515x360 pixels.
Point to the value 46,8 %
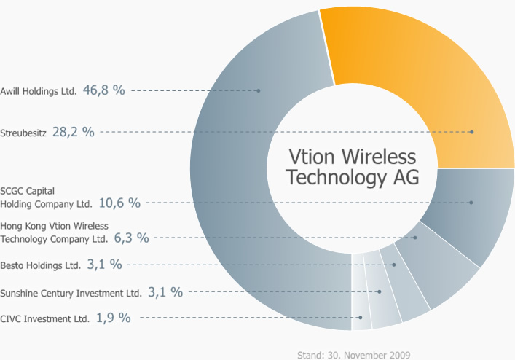point(104,90)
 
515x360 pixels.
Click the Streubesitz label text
point(23,133)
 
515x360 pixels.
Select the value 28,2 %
point(73,132)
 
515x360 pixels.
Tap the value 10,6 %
point(119,203)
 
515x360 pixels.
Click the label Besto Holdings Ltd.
point(41,266)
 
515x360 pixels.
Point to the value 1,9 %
point(113,318)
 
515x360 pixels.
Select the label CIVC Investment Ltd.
point(45,319)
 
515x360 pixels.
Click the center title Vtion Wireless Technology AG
point(352,167)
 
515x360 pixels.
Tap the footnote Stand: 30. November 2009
point(353,355)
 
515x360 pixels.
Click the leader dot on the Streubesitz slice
point(472,132)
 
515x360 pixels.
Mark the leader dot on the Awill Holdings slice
point(259,90)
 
